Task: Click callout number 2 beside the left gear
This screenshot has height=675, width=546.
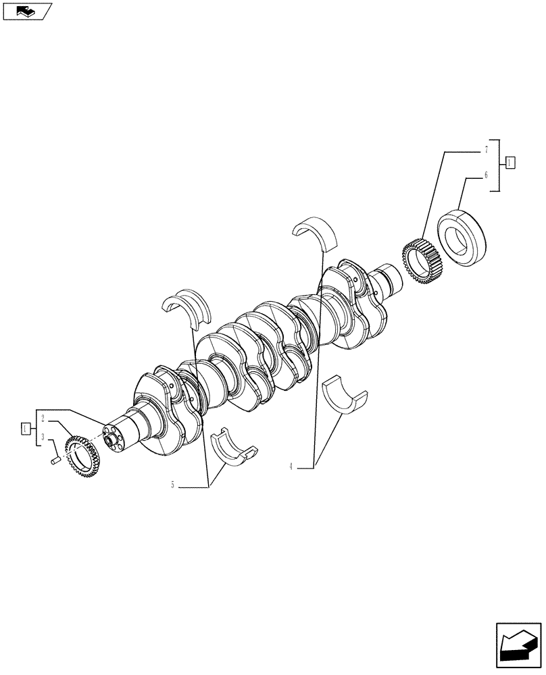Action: [43, 418]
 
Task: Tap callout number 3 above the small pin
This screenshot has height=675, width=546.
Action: [43, 437]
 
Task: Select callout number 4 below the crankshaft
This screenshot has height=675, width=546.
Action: [291, 466]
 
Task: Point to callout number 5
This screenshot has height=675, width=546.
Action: [172, 485]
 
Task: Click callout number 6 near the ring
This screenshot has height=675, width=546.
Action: [485, 175]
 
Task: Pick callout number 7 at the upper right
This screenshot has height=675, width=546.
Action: [485, 148]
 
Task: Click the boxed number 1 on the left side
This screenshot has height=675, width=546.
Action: [25, 428]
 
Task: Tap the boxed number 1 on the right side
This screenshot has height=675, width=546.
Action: [510, 161]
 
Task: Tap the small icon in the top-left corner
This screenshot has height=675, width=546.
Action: [27, 11]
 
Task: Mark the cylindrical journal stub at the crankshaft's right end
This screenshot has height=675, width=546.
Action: [390, 276]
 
